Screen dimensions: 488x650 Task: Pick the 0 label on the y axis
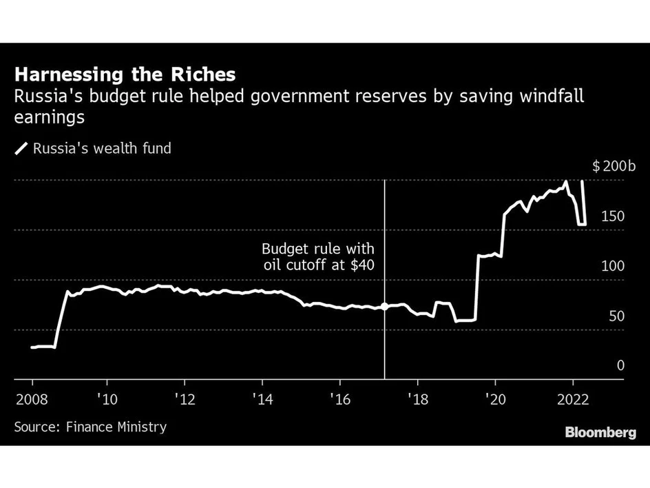click(620, 365)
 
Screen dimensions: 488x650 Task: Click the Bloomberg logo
click(600, 432)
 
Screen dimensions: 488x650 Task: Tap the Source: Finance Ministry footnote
click(90, 427)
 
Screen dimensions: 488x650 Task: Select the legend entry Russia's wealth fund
click(93, 148)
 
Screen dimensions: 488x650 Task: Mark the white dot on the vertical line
click(384, 306)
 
